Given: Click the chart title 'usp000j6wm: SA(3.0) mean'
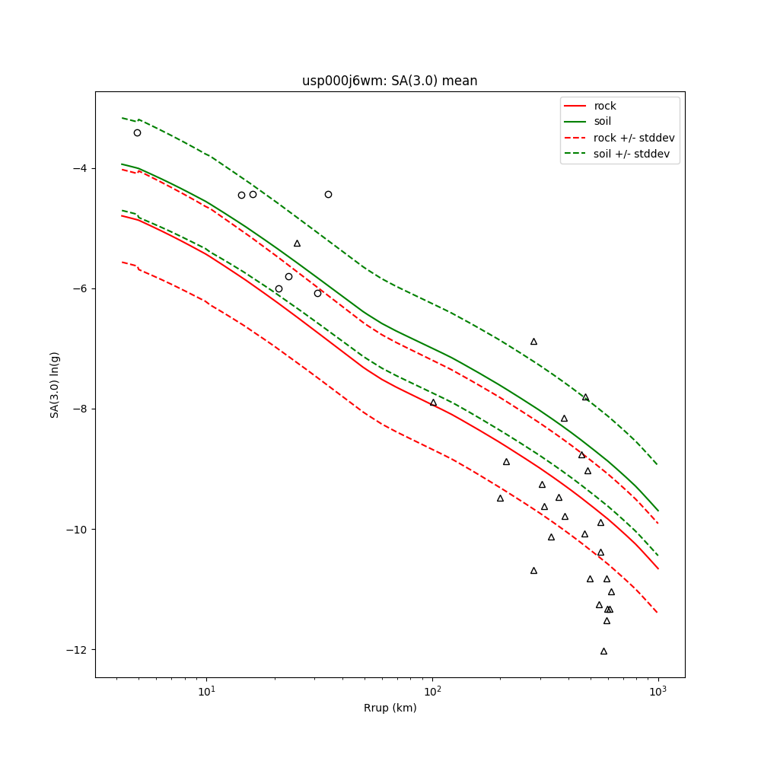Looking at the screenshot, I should click(390, 81).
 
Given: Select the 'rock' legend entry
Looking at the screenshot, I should click(605, 106).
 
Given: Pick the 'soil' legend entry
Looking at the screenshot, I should click(603, 121).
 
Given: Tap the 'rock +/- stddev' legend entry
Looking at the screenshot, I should click(634, 138).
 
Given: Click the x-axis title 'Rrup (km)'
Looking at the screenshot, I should click(390, 708).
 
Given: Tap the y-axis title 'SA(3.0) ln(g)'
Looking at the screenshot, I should click(55, 384).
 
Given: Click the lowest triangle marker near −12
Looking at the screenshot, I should click(603, 651).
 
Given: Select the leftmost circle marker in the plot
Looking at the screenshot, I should click(137, 132).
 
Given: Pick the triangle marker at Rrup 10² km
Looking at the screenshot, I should click(434, 403).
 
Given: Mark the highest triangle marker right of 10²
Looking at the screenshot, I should click(533, 342).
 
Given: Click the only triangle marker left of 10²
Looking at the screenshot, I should click(297, 244).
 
